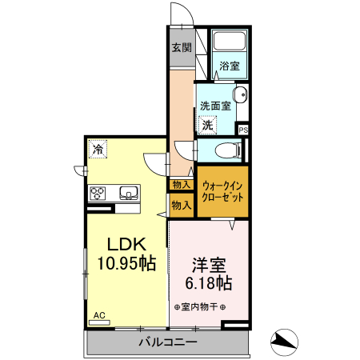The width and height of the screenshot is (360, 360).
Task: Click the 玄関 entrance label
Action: [181, 47]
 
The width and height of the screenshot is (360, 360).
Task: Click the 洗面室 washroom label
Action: [215, 105]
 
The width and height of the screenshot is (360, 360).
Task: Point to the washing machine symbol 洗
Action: [207, 125]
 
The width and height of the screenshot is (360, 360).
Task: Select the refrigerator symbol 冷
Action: [98, 149]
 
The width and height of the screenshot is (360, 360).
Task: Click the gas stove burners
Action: [99, 193]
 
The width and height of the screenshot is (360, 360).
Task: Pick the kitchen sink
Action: [128, 193]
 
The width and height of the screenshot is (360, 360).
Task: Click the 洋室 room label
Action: [207, 263]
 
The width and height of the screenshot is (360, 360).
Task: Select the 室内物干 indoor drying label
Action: [199, 306]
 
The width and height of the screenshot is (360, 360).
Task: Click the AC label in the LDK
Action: [99, 316]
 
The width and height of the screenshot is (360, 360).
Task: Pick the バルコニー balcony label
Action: [168, 342]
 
